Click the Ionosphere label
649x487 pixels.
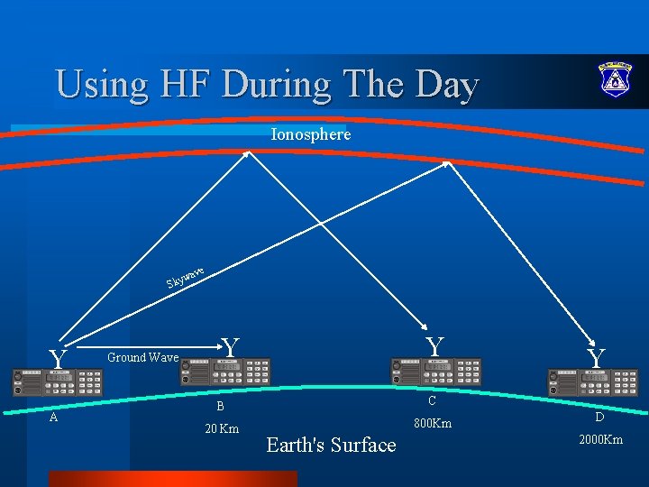pyautogui.click(x=310, y=134)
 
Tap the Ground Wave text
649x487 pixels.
pyautogui.click(x=142, y=357)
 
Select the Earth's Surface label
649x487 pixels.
pyautogui.click(x=331, y=445)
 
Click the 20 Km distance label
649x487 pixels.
pyautogui.click(x=221, y=428)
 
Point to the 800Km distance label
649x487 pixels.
pyautogui.click(x=433, y=423)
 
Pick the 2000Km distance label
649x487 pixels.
pyautogui.click(x=599, y=439)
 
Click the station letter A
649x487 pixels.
pyautogui.click(x=53, y=417)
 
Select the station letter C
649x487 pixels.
pyautogui.click(x=432, y=401)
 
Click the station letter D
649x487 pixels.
pyautogui.click(x=600, y=418)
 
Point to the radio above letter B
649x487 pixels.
pyautogui.click(x=225, y=372)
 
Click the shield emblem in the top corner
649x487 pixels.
pyautogui.click(x=615, y=80)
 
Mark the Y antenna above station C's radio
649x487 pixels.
pyautogui.click(x=434, y=346)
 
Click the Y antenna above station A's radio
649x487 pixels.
pyautogui.click(x=59, y=360)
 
